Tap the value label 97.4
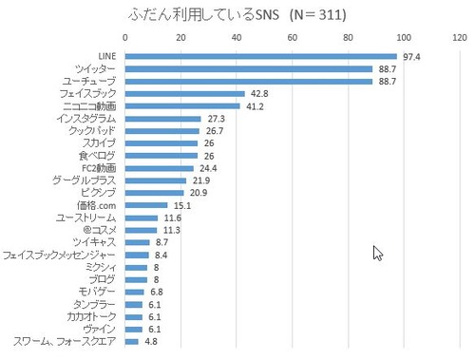(x=411, y=57)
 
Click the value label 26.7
(x=215, y=131)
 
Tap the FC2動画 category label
(x=97, y=168)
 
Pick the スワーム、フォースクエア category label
(x=64, y=341)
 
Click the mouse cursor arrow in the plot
(x=377, y=253)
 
